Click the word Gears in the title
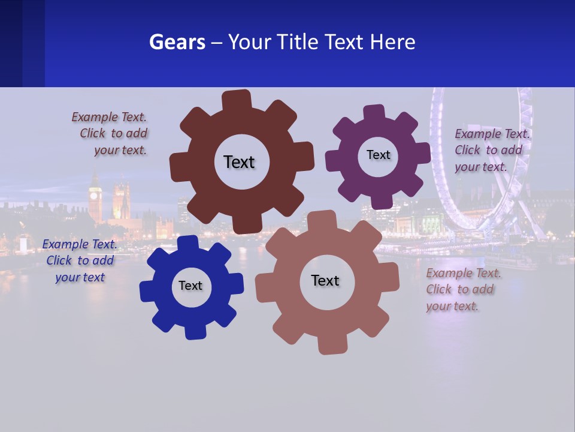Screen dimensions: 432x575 pyautogui.click(x=177, y=42)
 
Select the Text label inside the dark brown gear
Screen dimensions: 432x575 pyautogui.click(x=239, y=162)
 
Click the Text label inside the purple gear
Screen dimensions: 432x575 pyautogui.click(x=378, y=155)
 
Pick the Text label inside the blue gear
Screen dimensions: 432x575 pyautogui.click(x=190, y=286)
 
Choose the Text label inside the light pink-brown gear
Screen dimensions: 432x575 pyautogui.click(x=325, y=280)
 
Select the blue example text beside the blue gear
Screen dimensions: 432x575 pyautogui.click(x=80, y=261)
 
